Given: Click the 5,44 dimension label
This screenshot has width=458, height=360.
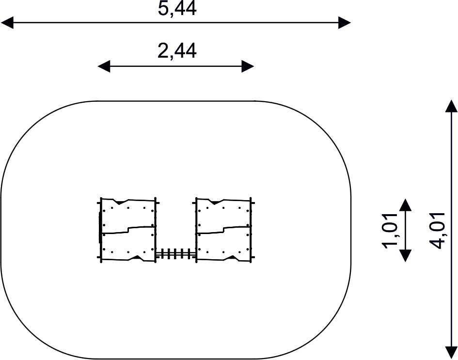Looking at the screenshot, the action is tap(177, 8).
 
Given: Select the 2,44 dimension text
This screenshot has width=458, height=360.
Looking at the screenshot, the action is tap(177, 50).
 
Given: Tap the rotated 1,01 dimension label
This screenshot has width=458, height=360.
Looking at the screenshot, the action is tap(390, 231).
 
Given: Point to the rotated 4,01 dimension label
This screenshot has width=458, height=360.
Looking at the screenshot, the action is tap(437, 231).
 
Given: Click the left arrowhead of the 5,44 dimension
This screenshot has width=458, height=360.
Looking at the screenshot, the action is tap(7, 22).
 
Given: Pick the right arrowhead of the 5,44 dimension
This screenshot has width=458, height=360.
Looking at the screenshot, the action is tap(345, 22).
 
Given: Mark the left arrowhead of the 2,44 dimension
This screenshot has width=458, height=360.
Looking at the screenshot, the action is tap(104, 66).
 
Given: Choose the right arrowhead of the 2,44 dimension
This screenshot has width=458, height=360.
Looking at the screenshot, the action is tap(248, 66).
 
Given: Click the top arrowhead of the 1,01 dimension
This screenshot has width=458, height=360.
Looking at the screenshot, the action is tap(405, 204).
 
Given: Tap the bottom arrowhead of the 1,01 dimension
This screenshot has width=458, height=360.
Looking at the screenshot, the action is tap(405, 256).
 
